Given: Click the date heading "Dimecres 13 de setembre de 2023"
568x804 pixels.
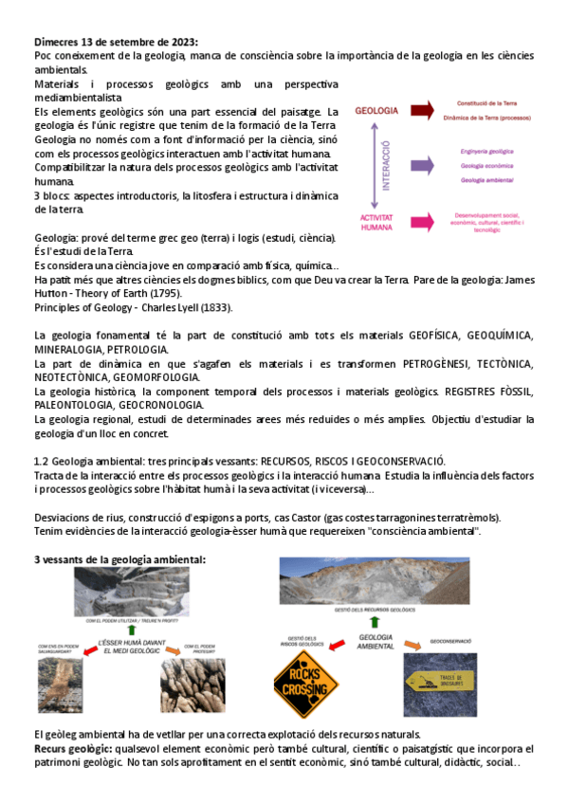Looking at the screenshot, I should click(x=116, y=42).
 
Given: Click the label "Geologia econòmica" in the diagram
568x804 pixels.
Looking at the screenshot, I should click(x=486, y=165).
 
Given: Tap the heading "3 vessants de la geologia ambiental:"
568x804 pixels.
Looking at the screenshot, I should click(x=119, y=560).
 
